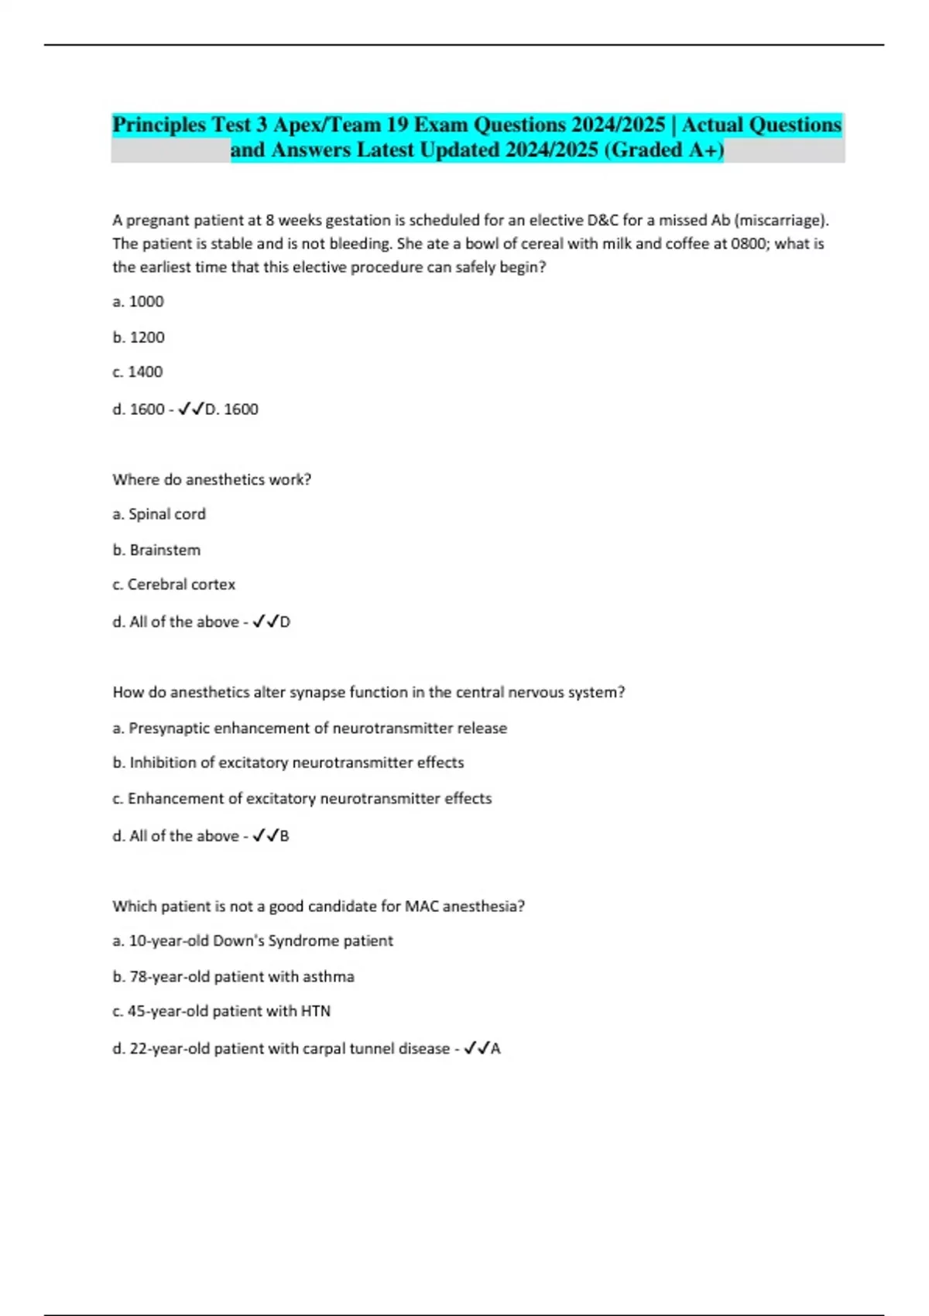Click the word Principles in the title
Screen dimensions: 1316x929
pos(159,125)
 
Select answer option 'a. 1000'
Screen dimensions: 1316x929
pos(138,301)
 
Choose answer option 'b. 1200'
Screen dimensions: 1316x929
pos(139,337)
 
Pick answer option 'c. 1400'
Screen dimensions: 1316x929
pos(138,372)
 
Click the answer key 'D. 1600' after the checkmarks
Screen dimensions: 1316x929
pos(231,409)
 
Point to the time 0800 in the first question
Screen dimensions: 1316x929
pos(749,243)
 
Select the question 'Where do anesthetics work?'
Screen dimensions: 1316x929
pos(211,479)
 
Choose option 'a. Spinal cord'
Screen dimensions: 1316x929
pos(159,514)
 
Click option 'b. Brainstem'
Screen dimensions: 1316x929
pos(156,550)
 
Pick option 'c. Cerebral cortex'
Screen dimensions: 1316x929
pos(173,584)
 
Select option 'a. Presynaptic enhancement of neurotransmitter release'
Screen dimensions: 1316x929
pos(310,728)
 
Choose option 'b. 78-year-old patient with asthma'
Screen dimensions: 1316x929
pos(233,976)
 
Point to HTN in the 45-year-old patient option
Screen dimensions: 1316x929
pos(315,1011)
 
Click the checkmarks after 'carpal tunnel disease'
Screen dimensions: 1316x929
pos(476,1048)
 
